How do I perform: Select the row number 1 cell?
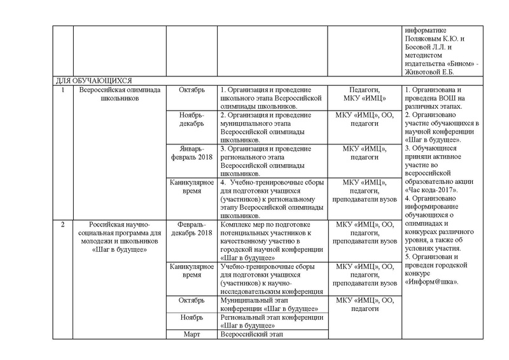pyautogui.click(x=62, y=90)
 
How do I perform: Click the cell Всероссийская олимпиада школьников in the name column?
pyautogui.click(x=119, y=94)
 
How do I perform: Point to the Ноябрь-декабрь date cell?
pyautogui.click(x=192, y=120)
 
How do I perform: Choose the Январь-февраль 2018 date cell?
pyautogui.click(x=192, y=153)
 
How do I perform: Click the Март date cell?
pyautogui.click(x=192, y=334)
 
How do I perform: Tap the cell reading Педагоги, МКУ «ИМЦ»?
pyautogui.click(x=365, y=94)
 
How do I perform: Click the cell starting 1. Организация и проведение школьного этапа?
pyautogui.click(x=272, y=98)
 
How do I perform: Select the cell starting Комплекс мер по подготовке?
pyautogui.click(x=272, y=238)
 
